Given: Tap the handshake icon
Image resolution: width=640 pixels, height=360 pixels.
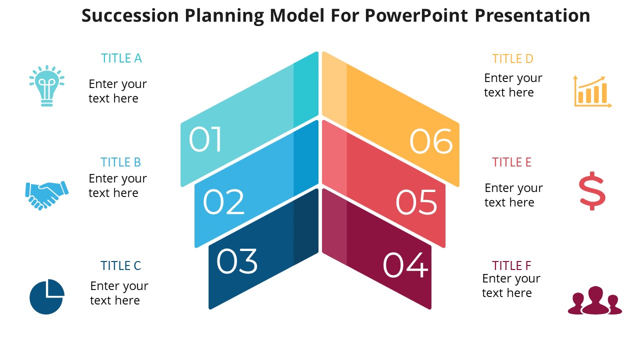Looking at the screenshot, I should (46, 194).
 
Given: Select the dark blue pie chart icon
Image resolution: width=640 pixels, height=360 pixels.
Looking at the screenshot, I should (46, 296).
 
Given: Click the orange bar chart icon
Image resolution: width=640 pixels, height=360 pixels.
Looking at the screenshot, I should (592, 91).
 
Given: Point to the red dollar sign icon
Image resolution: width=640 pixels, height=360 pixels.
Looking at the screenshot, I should (592, 191).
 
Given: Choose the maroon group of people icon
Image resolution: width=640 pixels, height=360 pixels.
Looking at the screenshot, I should (594, 300).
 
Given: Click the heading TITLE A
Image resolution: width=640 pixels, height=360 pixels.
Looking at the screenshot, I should (121, 58).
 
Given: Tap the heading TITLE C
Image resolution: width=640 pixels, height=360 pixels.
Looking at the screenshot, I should (120, 266).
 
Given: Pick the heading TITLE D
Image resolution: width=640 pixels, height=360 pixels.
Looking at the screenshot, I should (512, 59).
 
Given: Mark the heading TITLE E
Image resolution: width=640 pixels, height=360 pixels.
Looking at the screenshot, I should (511, 162).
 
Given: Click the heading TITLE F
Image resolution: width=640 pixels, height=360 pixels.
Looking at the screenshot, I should (511, 265).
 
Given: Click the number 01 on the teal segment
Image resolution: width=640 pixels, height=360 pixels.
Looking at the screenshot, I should (205, 139).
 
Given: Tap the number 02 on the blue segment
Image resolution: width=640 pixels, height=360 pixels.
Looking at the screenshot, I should (223, 201).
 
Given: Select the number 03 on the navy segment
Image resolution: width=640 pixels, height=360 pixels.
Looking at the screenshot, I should (237, 261).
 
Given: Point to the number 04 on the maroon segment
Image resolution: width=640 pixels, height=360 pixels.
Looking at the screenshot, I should (405, 265).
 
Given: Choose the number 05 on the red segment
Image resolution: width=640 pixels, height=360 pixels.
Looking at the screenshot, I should (416, 202).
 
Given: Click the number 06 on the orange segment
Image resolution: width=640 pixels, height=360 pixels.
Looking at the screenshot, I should (431, 141).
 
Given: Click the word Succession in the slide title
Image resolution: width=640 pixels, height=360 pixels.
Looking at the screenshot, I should (130, 16).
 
